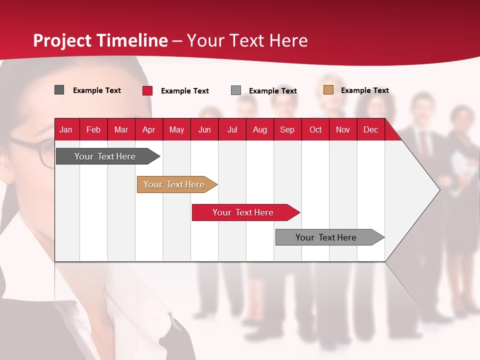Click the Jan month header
pos(66,130)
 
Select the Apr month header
pos(148,130)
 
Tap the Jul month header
pos(232,130)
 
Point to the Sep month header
pos(287,130)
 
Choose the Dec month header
pos(370,130)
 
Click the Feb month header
pos(93,130)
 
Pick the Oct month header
pos(315,130)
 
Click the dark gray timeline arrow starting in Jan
pos(105,156)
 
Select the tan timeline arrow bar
pos(174,184)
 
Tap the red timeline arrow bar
pos(243,212)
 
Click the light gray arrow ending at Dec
pos(326,237)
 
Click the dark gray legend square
pos(59,90)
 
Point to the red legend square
pos(147,90)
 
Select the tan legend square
pos(328,90)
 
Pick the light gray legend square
pos(236,90)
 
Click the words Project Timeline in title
pos(100,40)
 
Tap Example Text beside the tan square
pos(364,90)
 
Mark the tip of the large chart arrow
pos(438,190)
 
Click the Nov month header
pos(343,130)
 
